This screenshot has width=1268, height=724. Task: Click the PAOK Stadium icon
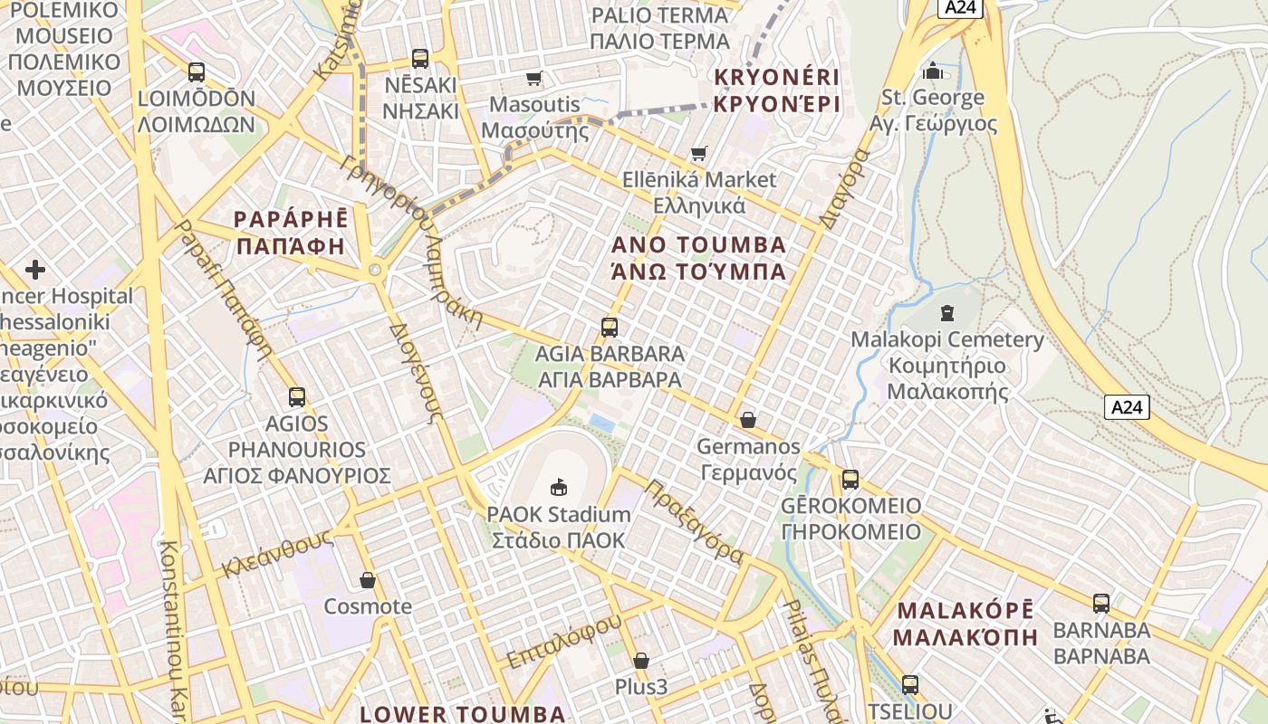point(558,487)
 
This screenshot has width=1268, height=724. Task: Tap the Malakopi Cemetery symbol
point(947,313)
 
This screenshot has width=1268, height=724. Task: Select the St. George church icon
point(933,70)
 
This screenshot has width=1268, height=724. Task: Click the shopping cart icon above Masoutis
point(534,78)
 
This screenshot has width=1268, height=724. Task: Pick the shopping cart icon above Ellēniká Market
point(698,153)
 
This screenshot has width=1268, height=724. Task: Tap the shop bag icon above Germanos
point(748,420)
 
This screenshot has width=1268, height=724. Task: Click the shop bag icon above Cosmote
point(368,580)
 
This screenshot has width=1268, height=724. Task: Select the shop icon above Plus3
point(641,661)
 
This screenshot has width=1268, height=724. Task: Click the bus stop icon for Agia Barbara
point(610,327)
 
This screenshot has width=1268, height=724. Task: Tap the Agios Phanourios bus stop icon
point(297,396)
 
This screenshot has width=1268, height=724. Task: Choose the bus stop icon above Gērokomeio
point(850,480)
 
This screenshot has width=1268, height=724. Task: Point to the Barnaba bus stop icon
point(1101,603)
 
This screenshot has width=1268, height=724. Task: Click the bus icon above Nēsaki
point(420,59)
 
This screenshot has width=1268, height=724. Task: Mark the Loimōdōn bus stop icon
point(197,72)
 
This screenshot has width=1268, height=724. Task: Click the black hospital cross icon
point(35,270)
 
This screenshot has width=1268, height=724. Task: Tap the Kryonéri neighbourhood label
point(776,90)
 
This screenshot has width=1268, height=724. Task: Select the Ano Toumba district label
point(698,258)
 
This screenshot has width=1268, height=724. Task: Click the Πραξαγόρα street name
point(694,521)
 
